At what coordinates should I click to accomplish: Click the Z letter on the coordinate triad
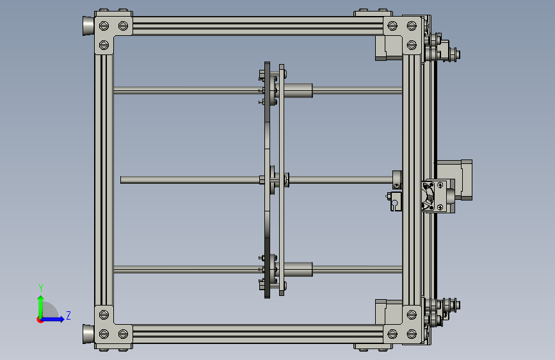(68, 315)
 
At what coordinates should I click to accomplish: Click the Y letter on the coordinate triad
(40, 288)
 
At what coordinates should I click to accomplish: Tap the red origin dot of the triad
(40, 320)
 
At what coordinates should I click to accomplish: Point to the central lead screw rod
(192, 180)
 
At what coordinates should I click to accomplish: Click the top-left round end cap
(88, 26)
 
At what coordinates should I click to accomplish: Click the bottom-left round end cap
(88, 334)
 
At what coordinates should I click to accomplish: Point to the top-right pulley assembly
(442, 49)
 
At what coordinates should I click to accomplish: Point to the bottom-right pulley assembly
(442, 311)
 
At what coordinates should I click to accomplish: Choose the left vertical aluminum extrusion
(104, 179)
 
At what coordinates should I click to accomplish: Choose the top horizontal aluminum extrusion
(256, 26)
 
